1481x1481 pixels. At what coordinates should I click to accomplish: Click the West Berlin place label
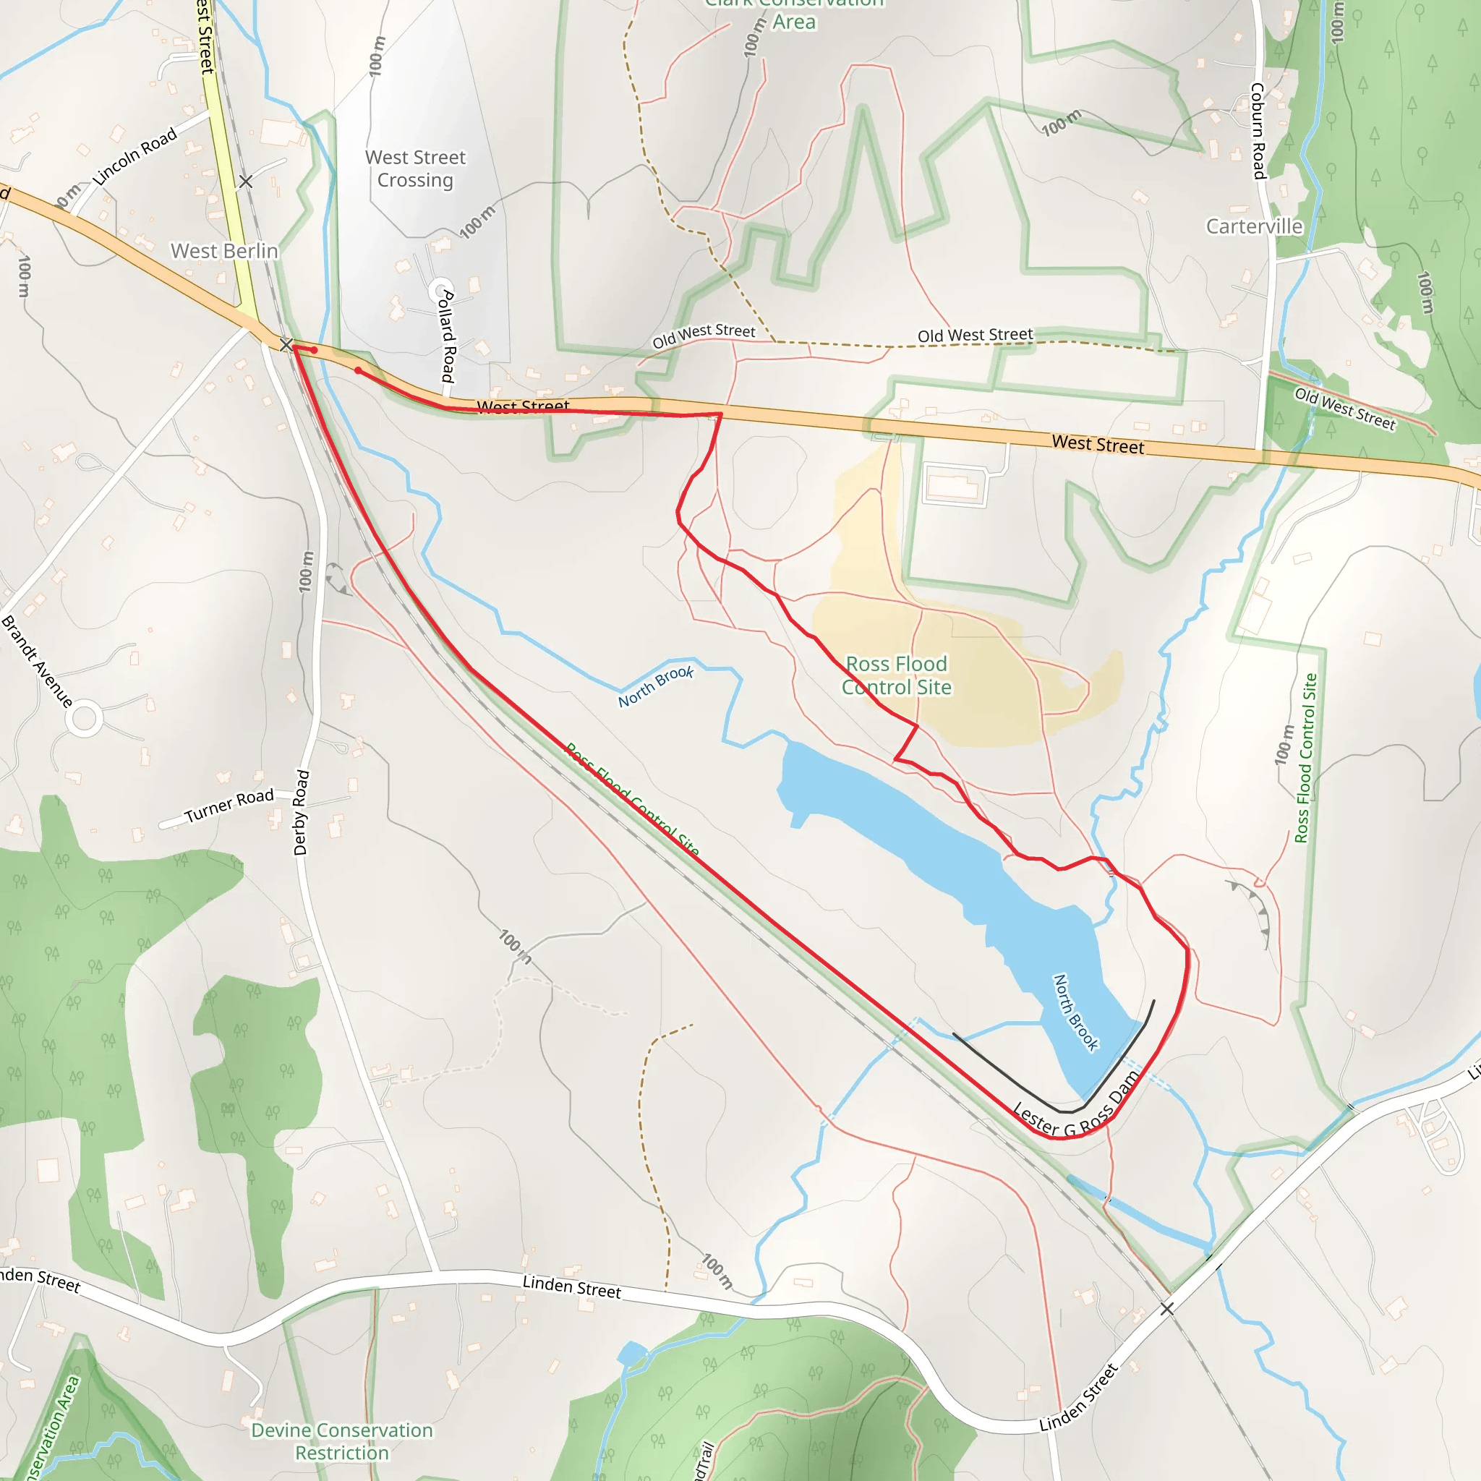pyautogui.click(x=224, y=251)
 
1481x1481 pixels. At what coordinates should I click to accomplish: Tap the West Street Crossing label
pyautogui.click(x=416, y=168)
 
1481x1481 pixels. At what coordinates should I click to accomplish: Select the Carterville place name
pyautogui.click(x=1254, y=226)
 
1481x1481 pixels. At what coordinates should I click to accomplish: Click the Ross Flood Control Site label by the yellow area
pyautogui.click(x=896, y=675)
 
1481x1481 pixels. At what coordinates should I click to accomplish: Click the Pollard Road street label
pyautogui.click(x=448, y=336)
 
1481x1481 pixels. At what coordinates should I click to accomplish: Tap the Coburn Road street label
pyautogui.click(x=1258, y=130)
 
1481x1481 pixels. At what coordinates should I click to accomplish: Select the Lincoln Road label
pyautogui.click(x=135, y=156)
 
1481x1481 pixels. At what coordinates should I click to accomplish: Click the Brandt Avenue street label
pyautogui.click(x=37, y=661)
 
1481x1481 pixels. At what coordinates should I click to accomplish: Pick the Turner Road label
pyautogui.click(x=229, y=806)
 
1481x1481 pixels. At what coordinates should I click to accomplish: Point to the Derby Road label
pyautogui.click(x=302, y=813)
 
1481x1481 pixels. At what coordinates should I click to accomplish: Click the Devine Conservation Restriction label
pyautogui.click(x=342, y=1441)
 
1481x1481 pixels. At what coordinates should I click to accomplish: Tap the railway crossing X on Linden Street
pyautogui.click(x=1166, y=1308)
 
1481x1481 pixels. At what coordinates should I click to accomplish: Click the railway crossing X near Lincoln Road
pyautogui.click(x=245, y=182)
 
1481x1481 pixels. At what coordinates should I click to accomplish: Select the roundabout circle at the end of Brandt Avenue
pyautogui.click(x=85, y=719)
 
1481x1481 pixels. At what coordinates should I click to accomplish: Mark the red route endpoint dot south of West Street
pyautogui.click(x=358, y=370)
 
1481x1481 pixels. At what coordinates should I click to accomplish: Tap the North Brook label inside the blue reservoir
pyautogui.click(x=1075, y=1012)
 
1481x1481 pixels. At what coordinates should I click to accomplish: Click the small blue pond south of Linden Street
pyautogui.click(x=631, y=1354)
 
